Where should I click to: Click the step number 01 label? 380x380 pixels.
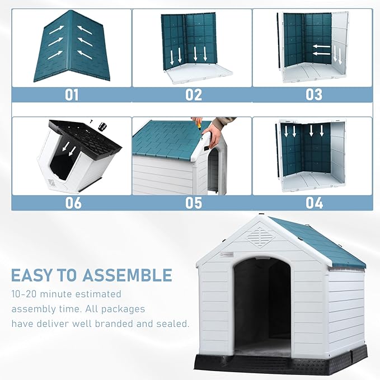(72, 95)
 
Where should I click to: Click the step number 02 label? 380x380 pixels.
(194, 95)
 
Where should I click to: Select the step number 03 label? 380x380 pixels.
(313, 95)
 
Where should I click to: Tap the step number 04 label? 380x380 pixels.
(313, 203)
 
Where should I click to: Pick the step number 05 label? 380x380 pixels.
(194, 203)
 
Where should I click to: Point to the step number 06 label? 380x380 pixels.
(73, 203)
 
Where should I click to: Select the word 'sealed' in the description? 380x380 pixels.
(170, 323)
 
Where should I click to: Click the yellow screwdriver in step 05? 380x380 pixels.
(197, 124)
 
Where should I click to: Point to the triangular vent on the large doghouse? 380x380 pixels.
(261, 235)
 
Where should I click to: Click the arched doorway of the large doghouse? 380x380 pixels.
(262, 305)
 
